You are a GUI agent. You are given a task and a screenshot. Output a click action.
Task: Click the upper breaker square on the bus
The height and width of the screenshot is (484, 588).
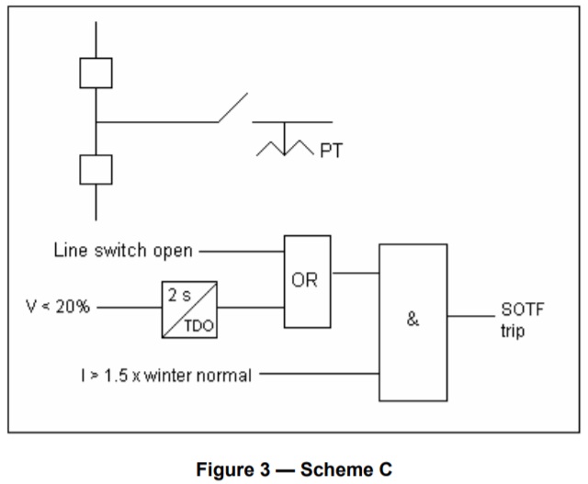96,73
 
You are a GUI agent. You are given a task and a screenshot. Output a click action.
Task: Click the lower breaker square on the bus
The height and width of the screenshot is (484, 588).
96,170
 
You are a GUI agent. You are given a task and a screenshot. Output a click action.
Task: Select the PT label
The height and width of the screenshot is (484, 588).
331,151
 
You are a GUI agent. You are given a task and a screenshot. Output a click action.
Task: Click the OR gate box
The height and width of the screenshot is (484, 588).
307,281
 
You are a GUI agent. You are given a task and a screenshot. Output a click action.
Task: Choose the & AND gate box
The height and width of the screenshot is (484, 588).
413,321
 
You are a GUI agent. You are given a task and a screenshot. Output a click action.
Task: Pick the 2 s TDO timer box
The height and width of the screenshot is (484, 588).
190,310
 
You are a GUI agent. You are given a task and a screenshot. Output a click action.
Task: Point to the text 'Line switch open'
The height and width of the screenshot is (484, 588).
124,250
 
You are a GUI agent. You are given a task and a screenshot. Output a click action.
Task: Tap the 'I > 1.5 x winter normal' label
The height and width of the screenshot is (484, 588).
165,374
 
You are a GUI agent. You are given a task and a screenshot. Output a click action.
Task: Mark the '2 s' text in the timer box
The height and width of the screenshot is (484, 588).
179,296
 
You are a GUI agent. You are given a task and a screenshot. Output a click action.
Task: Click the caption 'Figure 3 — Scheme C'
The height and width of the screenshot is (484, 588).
294,469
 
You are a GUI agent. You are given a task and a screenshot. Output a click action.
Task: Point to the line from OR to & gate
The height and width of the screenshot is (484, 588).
355,272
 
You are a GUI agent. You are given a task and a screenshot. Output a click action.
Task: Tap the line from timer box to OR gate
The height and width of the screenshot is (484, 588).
250,308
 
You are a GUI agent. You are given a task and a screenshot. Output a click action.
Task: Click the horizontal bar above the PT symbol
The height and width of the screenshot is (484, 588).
293,122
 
